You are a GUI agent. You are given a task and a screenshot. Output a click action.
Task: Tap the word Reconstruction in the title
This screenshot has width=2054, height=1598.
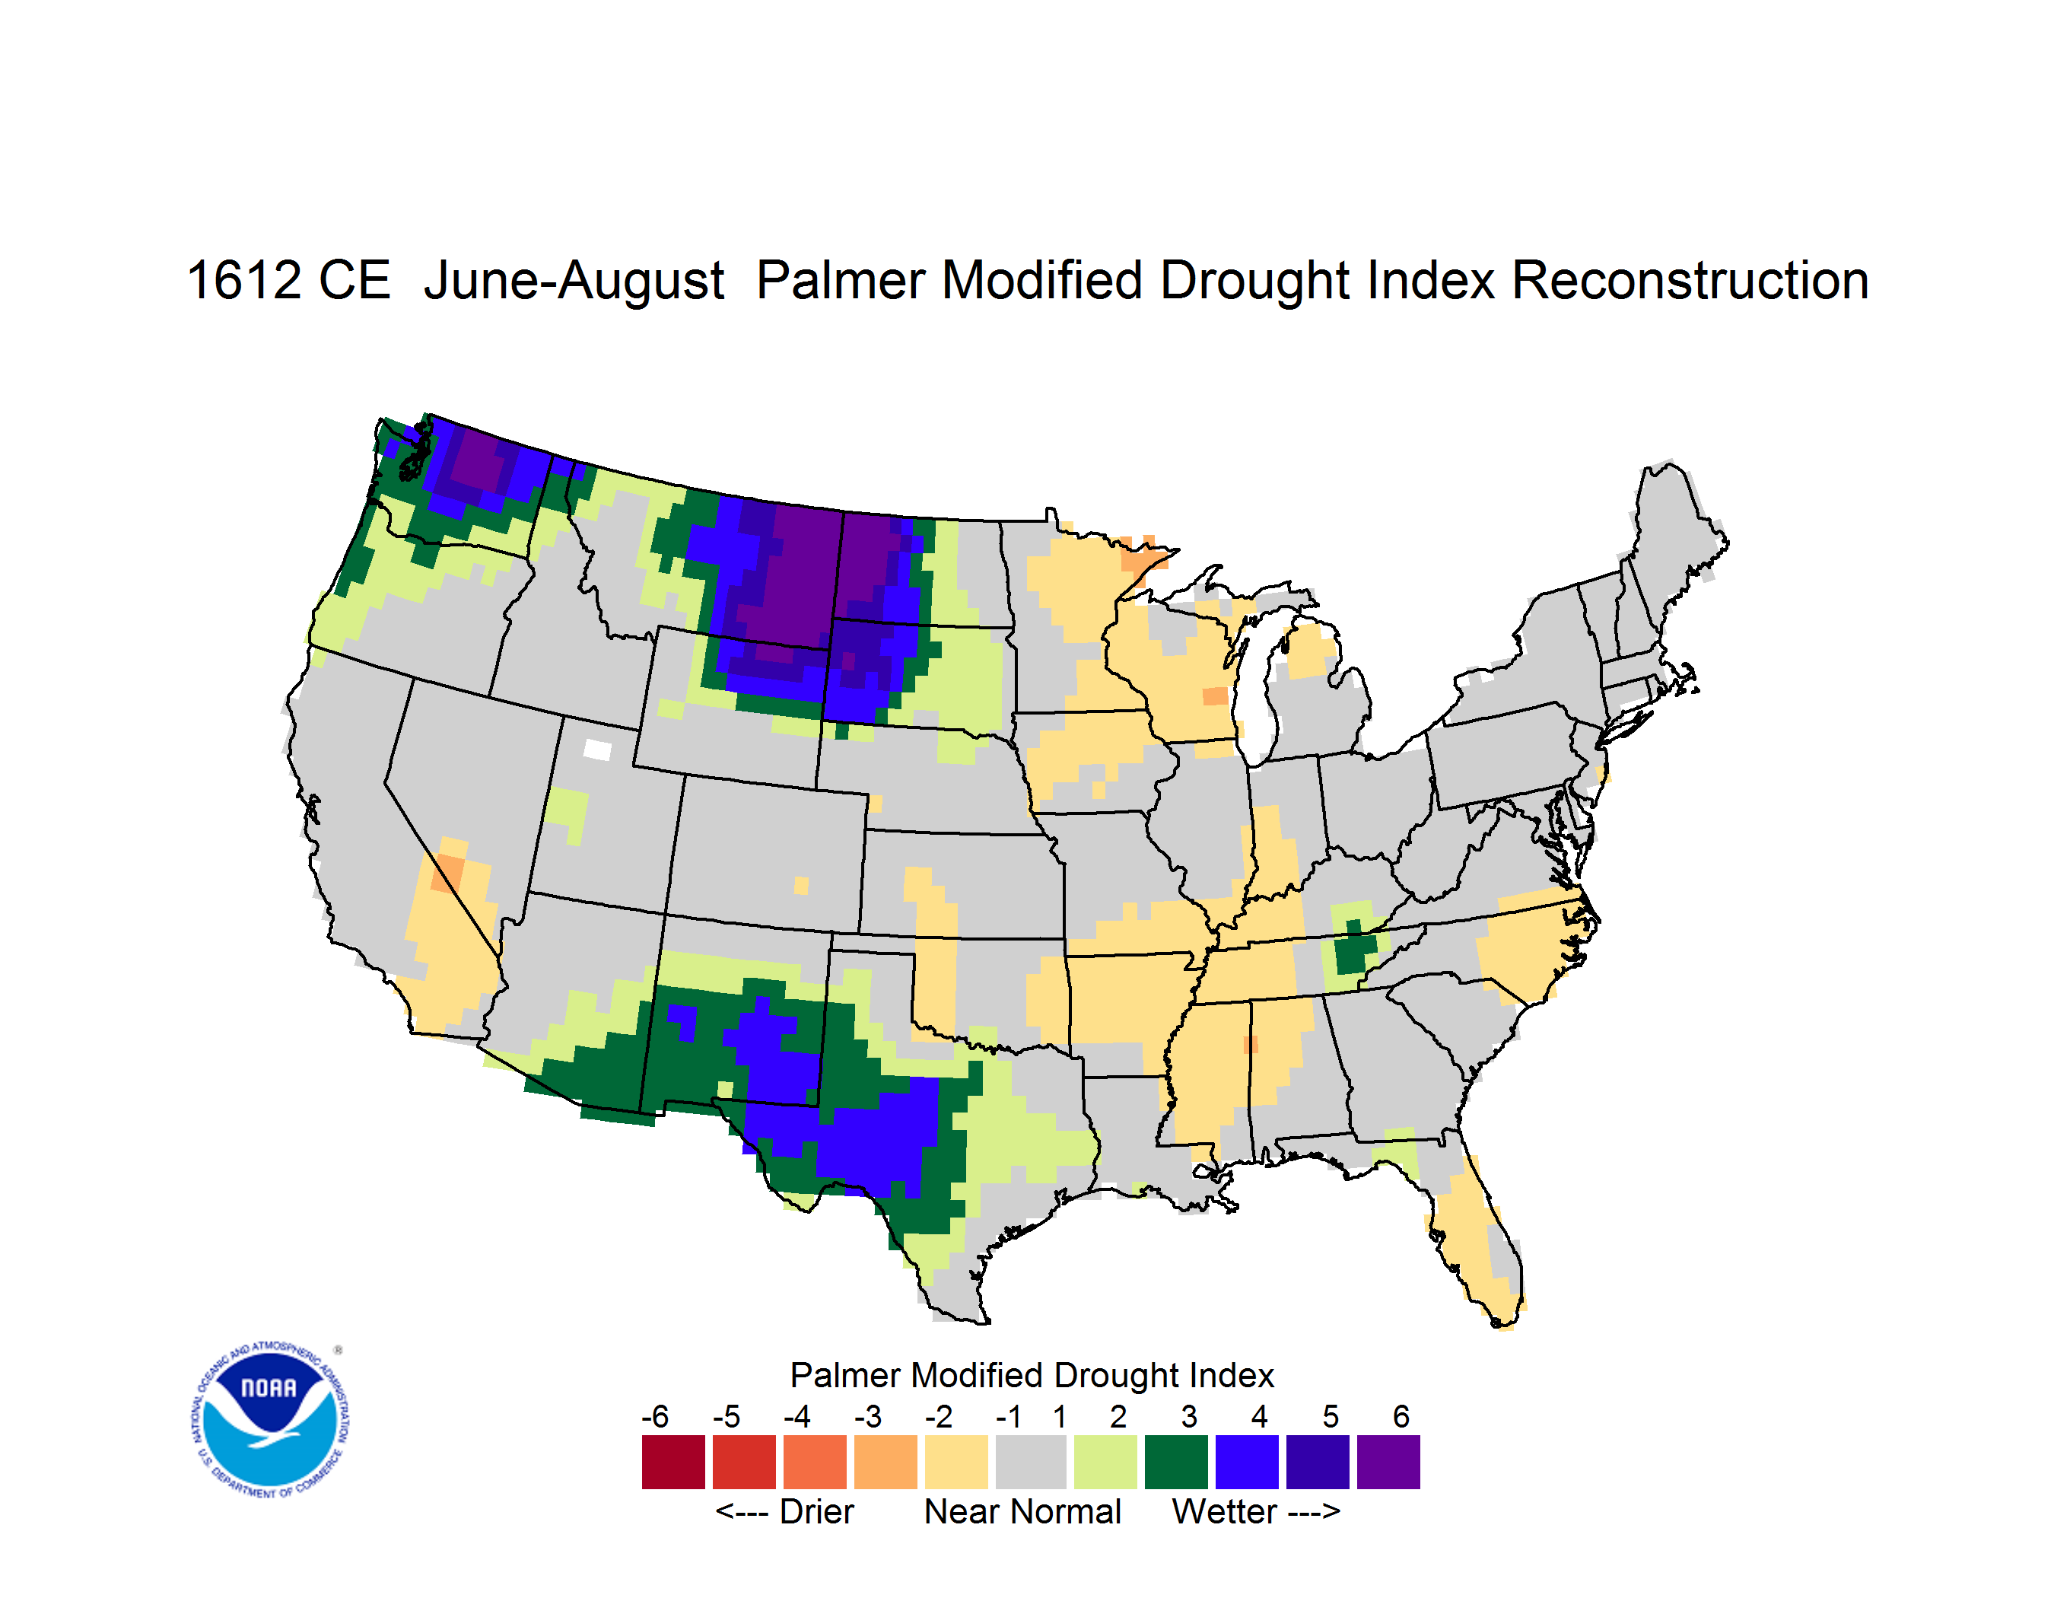click(1690, 280)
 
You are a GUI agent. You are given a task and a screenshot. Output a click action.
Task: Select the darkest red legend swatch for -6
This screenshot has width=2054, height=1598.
click(673, 1462)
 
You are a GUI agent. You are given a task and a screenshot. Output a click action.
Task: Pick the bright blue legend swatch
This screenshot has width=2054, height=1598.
click(1247, 1462)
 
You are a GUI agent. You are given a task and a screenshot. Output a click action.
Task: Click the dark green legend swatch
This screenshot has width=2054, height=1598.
click(1175, 1462)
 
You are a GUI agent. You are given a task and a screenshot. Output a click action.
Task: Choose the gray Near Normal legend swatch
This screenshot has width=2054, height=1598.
click(1031, 1462)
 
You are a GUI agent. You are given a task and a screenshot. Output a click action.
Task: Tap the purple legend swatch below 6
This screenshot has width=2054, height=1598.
click(1388, 1462)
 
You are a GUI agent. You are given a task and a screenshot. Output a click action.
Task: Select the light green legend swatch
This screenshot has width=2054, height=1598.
click(1105, 1462)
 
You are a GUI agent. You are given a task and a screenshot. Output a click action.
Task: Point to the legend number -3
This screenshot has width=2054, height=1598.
click(868, 1416)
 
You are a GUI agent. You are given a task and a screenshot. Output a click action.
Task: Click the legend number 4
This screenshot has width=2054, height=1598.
click(1259, 1416)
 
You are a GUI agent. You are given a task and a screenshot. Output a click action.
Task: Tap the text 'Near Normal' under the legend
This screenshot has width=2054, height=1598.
click(1022, 1511)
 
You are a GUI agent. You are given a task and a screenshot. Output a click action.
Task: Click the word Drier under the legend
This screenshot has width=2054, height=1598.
click(816, 1511)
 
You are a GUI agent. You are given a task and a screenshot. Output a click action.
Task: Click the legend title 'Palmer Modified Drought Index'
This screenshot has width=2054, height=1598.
click(1032, 1375)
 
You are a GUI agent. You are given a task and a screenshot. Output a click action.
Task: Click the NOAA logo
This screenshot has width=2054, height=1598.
click(270, 1420)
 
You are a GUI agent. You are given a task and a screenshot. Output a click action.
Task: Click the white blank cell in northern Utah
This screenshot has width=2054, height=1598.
click(597, 750)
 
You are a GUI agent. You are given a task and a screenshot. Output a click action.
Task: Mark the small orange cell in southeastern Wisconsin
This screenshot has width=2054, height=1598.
click(1215, 696)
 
